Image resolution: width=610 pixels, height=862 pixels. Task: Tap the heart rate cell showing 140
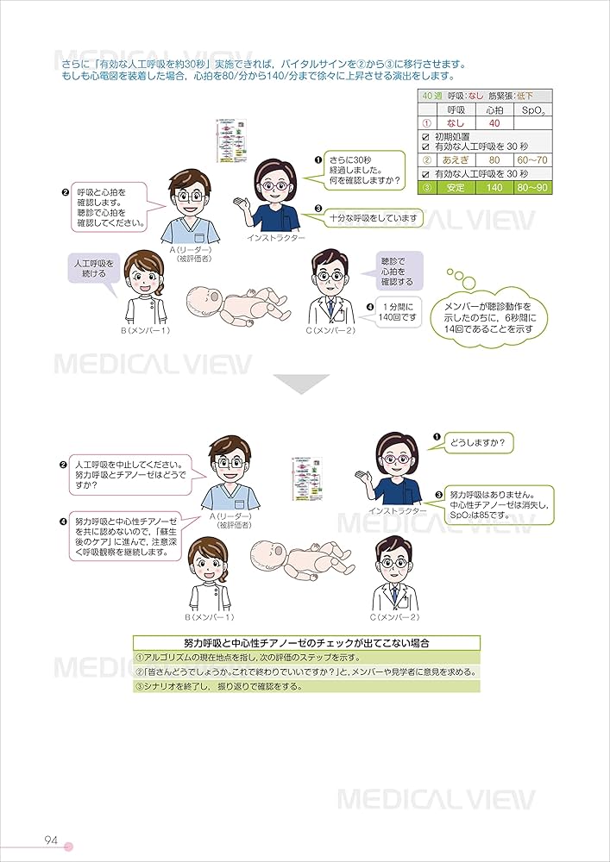(494, 187)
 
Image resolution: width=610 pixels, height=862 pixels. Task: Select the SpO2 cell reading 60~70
(530, 160)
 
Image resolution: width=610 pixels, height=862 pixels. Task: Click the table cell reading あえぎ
(454, 160)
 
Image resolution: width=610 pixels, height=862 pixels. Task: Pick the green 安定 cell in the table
(454, 187)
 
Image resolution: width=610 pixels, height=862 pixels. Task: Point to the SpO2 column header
(530, 110)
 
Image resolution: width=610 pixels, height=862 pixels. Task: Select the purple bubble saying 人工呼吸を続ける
(91, 267)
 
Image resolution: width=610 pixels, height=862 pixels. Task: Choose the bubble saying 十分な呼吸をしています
(374, 219)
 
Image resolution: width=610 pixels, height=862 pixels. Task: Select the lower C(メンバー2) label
(393, 617)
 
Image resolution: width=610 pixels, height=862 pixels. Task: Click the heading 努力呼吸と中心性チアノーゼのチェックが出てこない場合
(306, 643)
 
